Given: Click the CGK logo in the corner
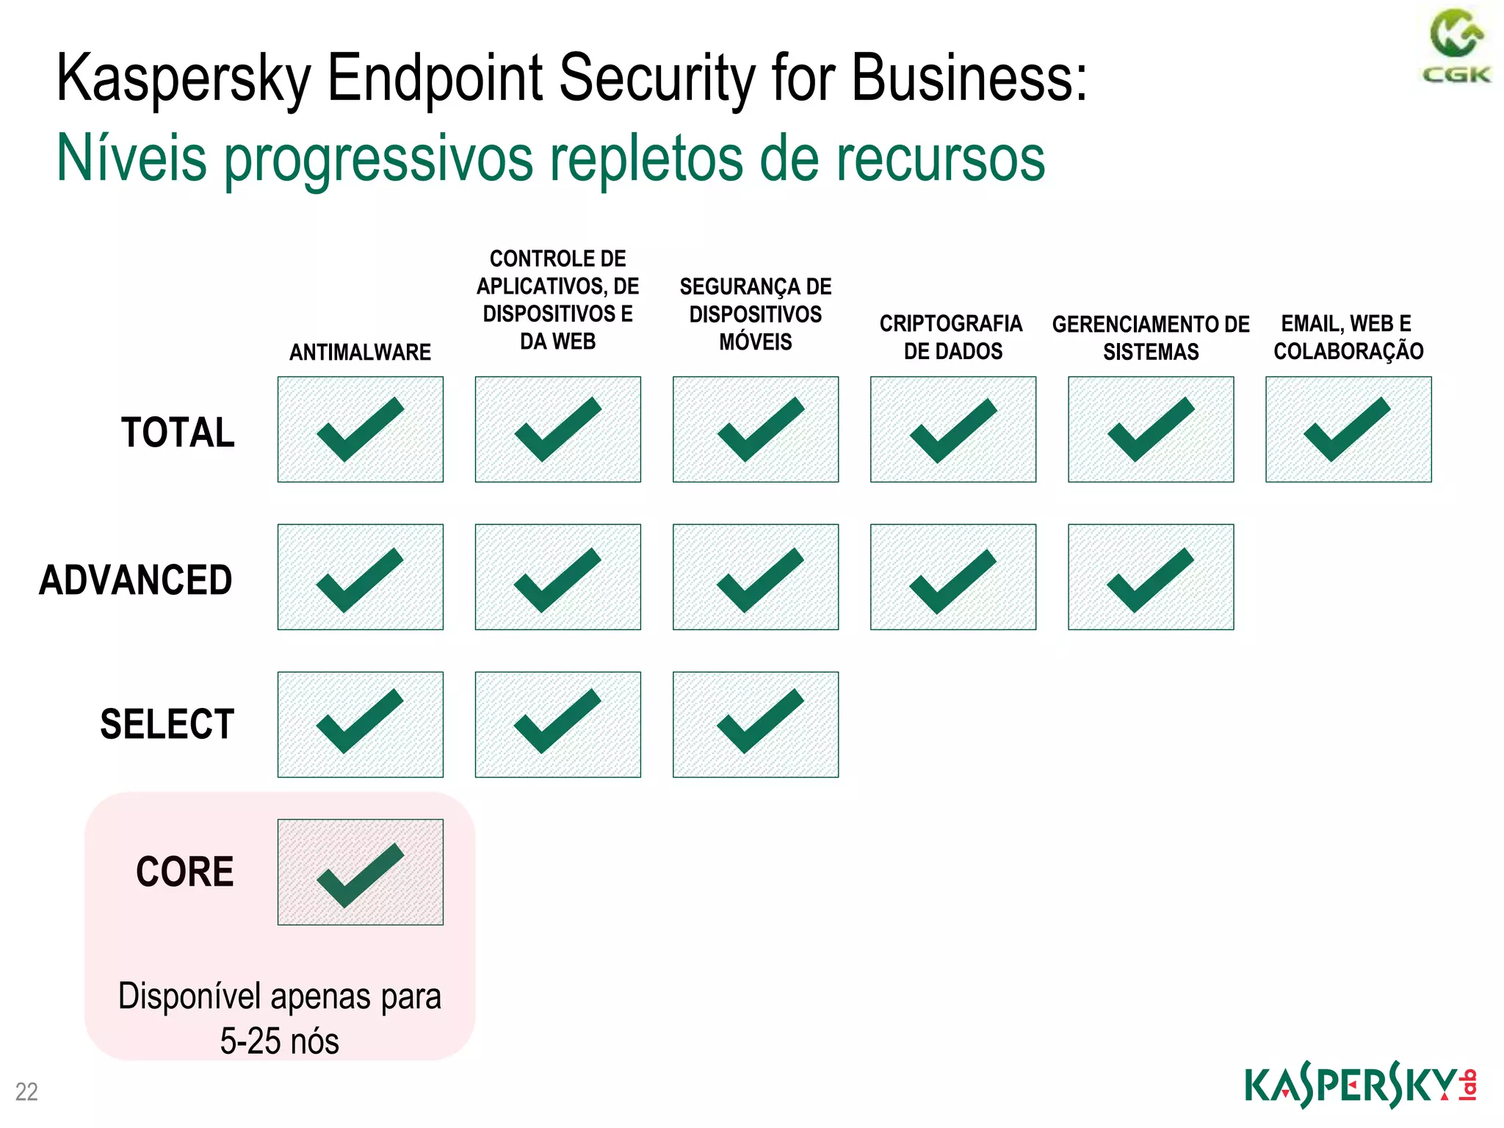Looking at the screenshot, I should (1456, 46).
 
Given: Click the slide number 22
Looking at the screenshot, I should (26, 1092).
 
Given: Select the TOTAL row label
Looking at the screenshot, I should (178, 432).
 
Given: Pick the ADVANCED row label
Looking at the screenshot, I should (136, 579).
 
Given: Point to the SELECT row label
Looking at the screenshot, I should (167, 724).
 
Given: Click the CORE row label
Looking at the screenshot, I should (184, 872).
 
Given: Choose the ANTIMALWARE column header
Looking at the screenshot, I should (360, 352).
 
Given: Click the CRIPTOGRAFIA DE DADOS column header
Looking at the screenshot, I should (952, 337).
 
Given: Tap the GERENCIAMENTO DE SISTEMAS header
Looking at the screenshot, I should (1151, 338).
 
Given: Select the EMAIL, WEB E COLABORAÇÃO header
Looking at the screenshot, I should (1348, 337).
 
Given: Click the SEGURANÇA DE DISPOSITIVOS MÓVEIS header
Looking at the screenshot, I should (755, 314).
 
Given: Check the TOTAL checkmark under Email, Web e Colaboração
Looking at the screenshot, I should (1348, 430).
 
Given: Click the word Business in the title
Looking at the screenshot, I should (968, 78).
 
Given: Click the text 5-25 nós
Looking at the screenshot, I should (279, 1041).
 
